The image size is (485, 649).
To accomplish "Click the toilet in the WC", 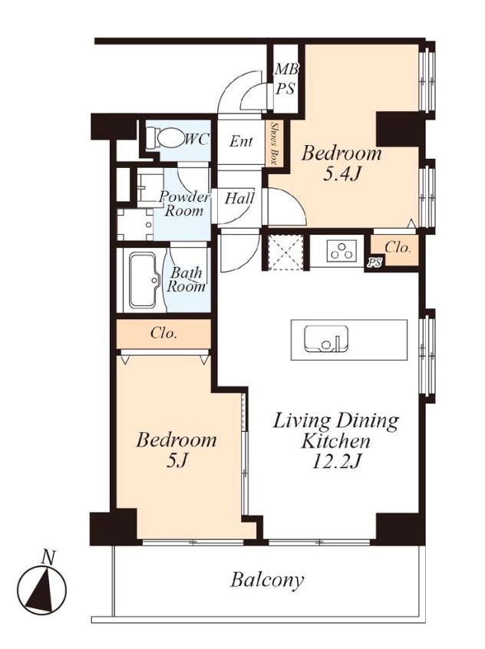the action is coord(166,137).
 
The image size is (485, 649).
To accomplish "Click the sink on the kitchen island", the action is coord(325,338).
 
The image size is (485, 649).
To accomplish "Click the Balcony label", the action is coord(267,580).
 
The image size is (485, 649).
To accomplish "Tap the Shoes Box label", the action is coord(274,143).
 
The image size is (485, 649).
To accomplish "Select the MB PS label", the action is coord(285,79).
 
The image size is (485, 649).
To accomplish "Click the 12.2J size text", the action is coord(335,462).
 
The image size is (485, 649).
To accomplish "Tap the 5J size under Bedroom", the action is coord(176,460).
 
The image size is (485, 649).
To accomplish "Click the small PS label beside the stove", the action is coord(374,264).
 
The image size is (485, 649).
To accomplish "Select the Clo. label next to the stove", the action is coord(398,248).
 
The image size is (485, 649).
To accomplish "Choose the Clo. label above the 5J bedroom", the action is coord(164,333).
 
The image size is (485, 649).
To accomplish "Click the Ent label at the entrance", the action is coord(241,142).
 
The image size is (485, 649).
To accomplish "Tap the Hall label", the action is coord(239,198).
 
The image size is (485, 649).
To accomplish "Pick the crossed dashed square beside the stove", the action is coord(285,252).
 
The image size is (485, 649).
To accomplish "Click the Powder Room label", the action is coord(184,204).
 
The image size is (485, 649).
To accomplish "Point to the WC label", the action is coord(196,140).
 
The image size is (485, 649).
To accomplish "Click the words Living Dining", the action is coord(336,421).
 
